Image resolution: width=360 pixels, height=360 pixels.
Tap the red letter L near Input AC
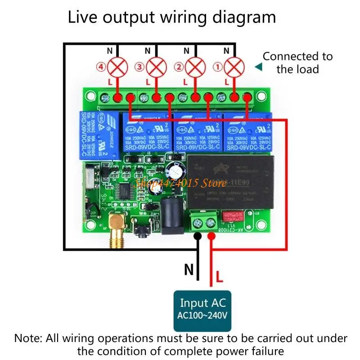[x=219, y=275]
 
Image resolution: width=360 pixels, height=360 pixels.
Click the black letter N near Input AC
[x=189, y=270]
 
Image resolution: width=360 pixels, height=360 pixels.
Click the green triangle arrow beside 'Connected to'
[x=258, y=67]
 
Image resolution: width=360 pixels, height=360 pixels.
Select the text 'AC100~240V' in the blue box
[x=203, y=315]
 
